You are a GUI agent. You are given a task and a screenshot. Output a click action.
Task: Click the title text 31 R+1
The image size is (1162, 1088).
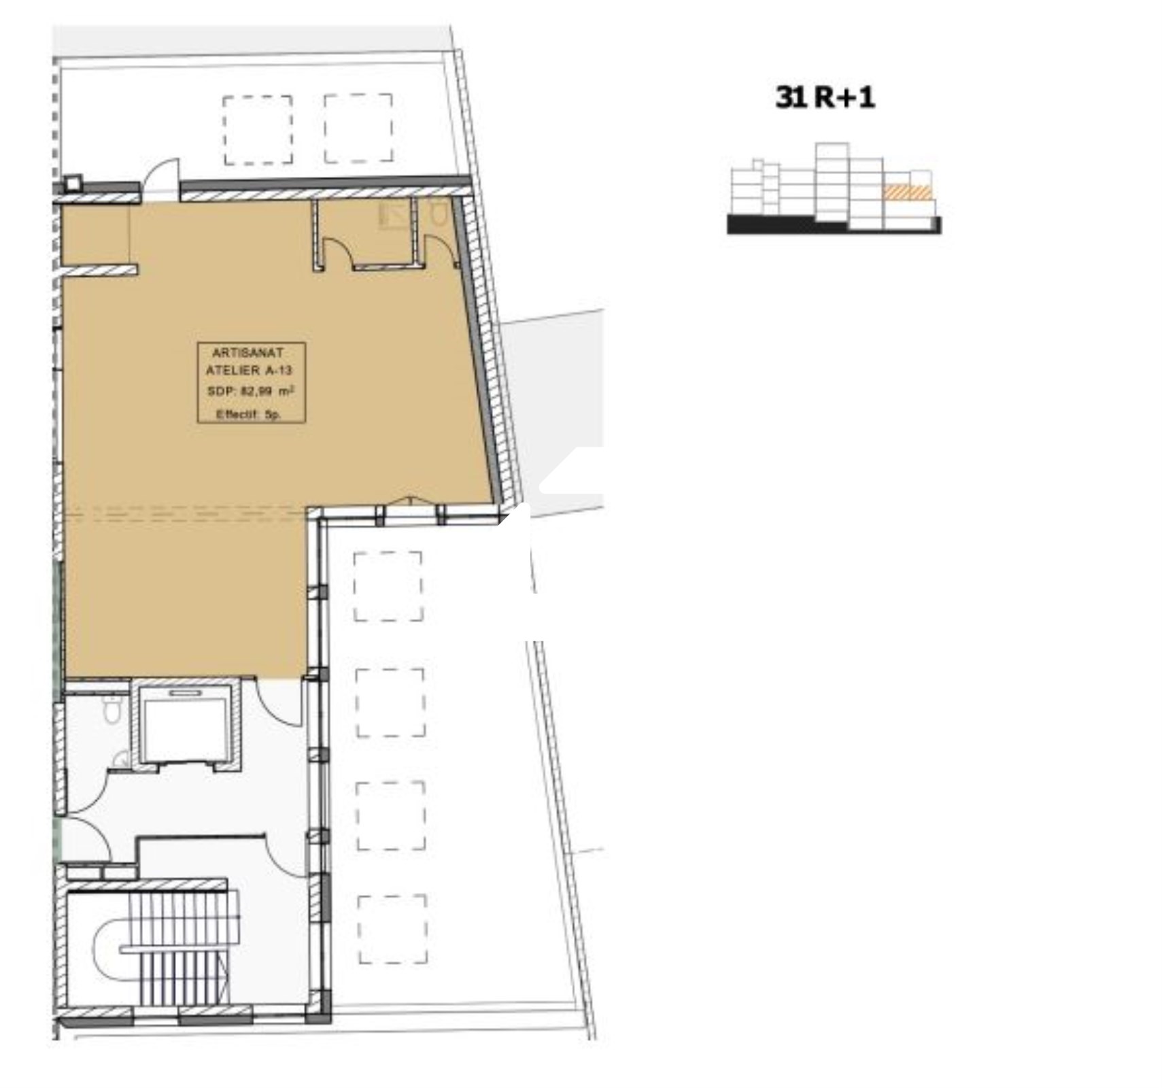click(824, 97)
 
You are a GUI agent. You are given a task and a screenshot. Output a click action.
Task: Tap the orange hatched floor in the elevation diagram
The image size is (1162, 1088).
click(906, 192)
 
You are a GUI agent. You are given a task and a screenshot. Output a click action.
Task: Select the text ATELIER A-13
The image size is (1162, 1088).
click(249, 371)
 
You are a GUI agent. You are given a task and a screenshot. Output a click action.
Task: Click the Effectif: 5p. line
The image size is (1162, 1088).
click(248, 413)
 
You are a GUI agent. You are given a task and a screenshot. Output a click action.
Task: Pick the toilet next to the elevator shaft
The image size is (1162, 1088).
click(112, 710)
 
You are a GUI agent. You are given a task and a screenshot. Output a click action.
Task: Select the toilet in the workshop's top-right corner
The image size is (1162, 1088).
click(438, 214)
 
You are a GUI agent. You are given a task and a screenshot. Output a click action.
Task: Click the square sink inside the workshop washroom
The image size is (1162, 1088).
click(395, 215)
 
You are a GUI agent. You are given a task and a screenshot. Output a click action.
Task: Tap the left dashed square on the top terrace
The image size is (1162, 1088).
click(258, 130)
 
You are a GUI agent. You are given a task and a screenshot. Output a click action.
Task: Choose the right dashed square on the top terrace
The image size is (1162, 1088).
click(358, 129)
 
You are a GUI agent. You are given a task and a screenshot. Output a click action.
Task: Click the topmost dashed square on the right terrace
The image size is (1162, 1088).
click(388, 586)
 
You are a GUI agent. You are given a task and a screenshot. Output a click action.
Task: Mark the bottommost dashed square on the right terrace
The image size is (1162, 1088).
click(392, 929)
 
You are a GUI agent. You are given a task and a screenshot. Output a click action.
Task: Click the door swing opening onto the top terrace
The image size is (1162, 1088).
click(163, 178)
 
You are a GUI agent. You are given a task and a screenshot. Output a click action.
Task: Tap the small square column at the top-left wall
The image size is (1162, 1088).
click(73, 184)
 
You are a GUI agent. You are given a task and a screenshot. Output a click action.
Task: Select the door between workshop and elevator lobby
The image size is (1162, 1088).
click(279, 702)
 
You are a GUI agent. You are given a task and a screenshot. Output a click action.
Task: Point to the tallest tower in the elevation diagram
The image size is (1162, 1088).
click(832, 181)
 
